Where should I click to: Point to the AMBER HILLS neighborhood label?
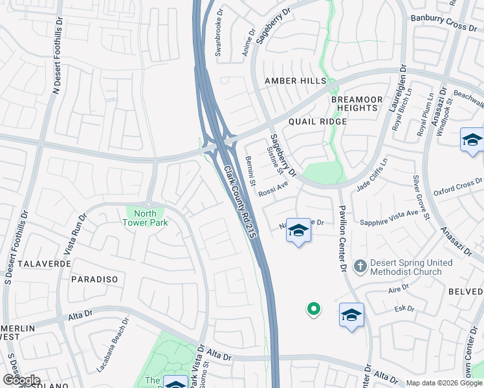[295, 81]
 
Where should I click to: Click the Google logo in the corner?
[21, 380]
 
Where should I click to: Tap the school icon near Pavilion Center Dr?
[351, 315]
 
